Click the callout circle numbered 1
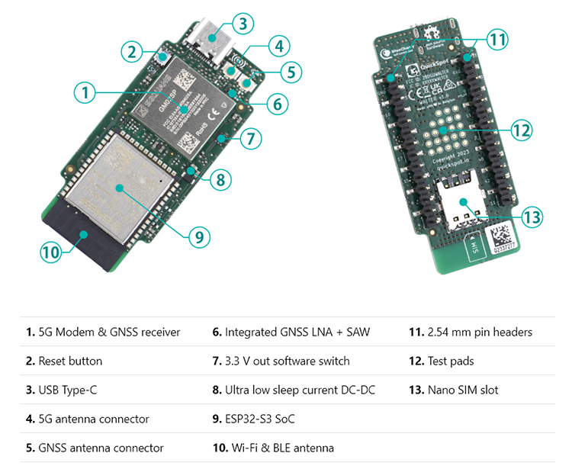85,93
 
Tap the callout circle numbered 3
242,23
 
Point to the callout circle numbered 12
521,130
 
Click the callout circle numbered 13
531,217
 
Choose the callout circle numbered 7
249,139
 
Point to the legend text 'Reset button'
69,361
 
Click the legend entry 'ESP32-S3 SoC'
259,419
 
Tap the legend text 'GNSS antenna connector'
101,448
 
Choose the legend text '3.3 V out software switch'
287,361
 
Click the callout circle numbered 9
198,236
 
